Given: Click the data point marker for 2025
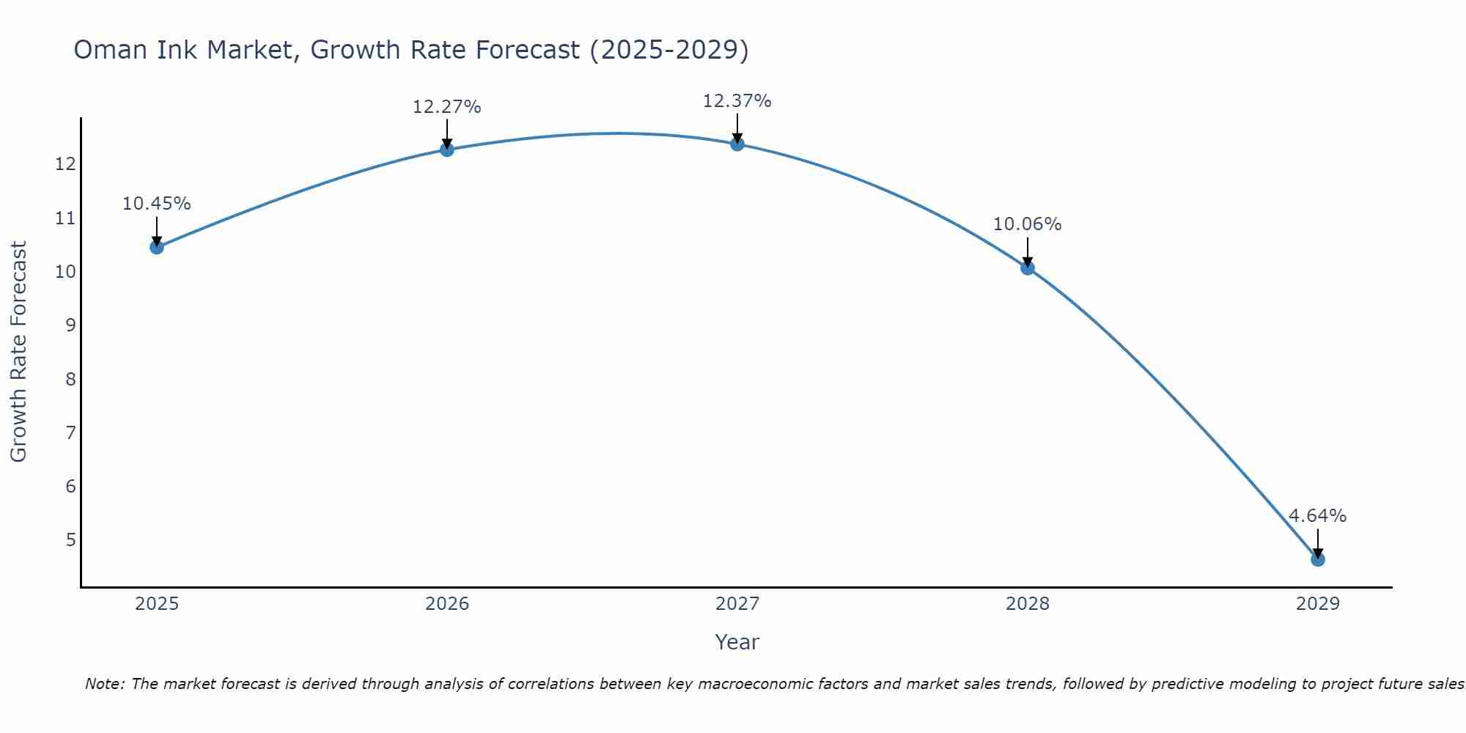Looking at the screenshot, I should pyautogui.click(x=156, y=247).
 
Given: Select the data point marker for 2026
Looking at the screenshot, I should pyautogui.click(x=446, y=150).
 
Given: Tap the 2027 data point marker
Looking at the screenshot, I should pyautogui.click(x=737, y=144).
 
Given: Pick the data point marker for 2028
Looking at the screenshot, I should pyautogui.click(x=1027, y=268).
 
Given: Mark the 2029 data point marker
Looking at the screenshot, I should pyautogui.click(x=1317, y=559).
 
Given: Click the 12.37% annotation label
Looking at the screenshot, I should pyautogui.click(x=737, y=101).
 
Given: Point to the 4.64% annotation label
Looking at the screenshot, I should pyautogui.click(x=1317, y=516).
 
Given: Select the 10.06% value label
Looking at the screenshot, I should pyautogui.click(x=1027, y=224).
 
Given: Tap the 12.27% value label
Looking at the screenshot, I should pyautogui.click(x=446, y=107).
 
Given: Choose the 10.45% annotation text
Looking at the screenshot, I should pyautogui.click(x=156, y=204).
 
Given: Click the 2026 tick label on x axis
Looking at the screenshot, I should pyautogui.click(x=446, y=604).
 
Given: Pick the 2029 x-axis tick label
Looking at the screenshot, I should pyautogui.click(x=1317, y=604).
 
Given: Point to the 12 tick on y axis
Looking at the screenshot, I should pyautogui.click(x=65, y=164).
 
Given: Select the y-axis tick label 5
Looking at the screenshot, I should pyautogui.click(x=70, y=540).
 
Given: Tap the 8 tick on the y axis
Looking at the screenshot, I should pyautogui.click(x=70, y=379).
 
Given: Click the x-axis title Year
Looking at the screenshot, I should pyautogui.click(x=737, y=642).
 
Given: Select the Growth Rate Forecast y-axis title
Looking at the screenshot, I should pyautogui.click(x=18, y=352).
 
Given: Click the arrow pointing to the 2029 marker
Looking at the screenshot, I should pyautogui.click(x=1317, y=542).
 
